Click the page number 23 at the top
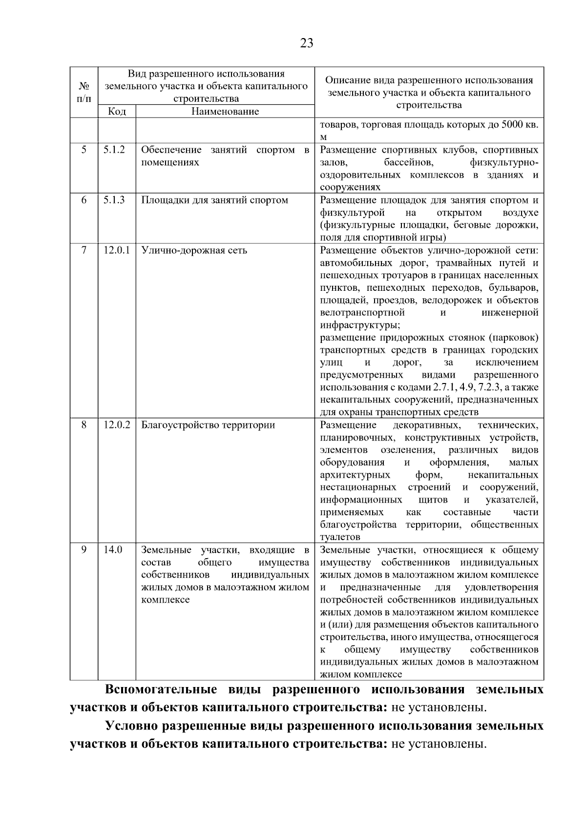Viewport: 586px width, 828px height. point(306,43)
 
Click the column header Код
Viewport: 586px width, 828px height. point(117,111)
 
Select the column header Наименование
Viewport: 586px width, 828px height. point(225,111)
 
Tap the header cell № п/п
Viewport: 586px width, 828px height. point(84,92)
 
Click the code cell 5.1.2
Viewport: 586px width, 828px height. point(114,150)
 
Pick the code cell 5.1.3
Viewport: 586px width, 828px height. point(114,200)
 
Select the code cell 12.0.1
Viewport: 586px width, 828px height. point(117,250)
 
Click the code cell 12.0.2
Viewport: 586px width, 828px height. point(117,425)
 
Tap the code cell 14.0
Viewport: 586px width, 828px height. point(112,550)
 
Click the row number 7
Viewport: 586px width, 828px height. point(84,250)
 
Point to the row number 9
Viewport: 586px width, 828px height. point(84,550)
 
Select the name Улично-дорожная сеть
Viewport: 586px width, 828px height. point(194,250)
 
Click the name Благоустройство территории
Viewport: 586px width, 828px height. point(208,425)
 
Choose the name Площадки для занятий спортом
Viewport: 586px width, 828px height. point(214,200)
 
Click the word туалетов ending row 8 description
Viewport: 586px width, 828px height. point(340,537)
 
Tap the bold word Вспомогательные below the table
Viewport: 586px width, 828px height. point(161,690)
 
